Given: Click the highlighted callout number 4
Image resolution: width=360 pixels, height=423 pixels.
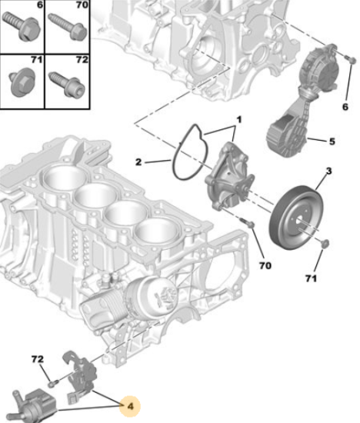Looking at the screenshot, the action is [x=130, y=406].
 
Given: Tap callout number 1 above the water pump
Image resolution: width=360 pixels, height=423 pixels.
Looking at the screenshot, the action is [x=239, y=119].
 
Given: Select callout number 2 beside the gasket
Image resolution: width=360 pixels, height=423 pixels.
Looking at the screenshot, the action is [x=138, y=162].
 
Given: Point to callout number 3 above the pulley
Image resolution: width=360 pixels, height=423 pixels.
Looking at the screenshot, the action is [x=328, y=171].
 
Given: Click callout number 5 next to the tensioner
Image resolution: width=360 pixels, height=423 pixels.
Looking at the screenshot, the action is [x=332, y=142].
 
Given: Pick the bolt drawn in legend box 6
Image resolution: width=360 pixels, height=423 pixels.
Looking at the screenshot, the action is [x=22, y=27].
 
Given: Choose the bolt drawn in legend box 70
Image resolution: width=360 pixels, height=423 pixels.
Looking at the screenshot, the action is [x=68, y=27].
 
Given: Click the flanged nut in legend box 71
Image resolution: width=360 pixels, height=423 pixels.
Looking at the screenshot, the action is [x=22, y=84].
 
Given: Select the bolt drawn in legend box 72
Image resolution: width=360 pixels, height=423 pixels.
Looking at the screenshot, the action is [x=67, y=84].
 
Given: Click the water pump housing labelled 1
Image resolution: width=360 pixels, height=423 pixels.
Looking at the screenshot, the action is [x=229, y=177].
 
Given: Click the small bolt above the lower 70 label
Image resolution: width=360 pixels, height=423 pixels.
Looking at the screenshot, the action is [x=247, y=223].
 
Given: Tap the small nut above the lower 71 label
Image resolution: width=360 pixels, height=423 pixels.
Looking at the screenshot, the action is [x=325, y=243].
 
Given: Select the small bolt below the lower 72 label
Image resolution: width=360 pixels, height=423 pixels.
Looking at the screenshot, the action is [x=53, y=382].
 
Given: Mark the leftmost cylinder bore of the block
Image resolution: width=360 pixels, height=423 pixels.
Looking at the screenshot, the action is [x=65, y=177].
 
